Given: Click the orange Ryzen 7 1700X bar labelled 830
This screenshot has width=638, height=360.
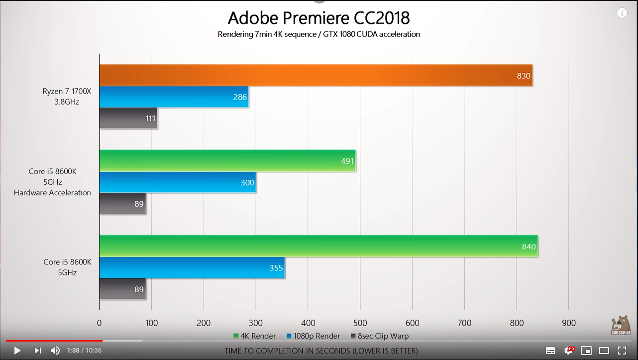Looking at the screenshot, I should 316,76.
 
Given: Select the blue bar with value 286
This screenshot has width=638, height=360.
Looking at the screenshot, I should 174,97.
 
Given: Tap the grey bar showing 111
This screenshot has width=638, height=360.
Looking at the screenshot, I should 128,118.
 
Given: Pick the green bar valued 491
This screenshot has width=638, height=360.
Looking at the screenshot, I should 227,161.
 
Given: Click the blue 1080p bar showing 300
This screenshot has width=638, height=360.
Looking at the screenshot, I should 177,182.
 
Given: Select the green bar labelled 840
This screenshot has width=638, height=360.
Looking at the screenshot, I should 318,246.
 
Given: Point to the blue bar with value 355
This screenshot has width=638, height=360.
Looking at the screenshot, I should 192,268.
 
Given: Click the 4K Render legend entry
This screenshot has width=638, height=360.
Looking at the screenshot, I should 254,336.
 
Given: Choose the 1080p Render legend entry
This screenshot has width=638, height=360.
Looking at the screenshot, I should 314,336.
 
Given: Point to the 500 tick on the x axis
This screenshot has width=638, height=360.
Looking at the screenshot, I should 360,323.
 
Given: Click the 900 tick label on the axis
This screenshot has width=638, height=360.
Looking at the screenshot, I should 569,323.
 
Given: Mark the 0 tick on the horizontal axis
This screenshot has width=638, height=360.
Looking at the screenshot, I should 100,323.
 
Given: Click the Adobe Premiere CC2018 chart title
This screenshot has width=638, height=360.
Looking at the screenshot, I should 319,18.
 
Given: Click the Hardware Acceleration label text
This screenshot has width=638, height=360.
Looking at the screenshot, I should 52,193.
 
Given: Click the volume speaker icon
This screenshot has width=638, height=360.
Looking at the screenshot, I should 55,351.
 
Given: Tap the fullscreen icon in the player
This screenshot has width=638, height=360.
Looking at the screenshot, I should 622,351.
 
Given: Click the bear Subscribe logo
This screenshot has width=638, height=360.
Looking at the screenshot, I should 621,325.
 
